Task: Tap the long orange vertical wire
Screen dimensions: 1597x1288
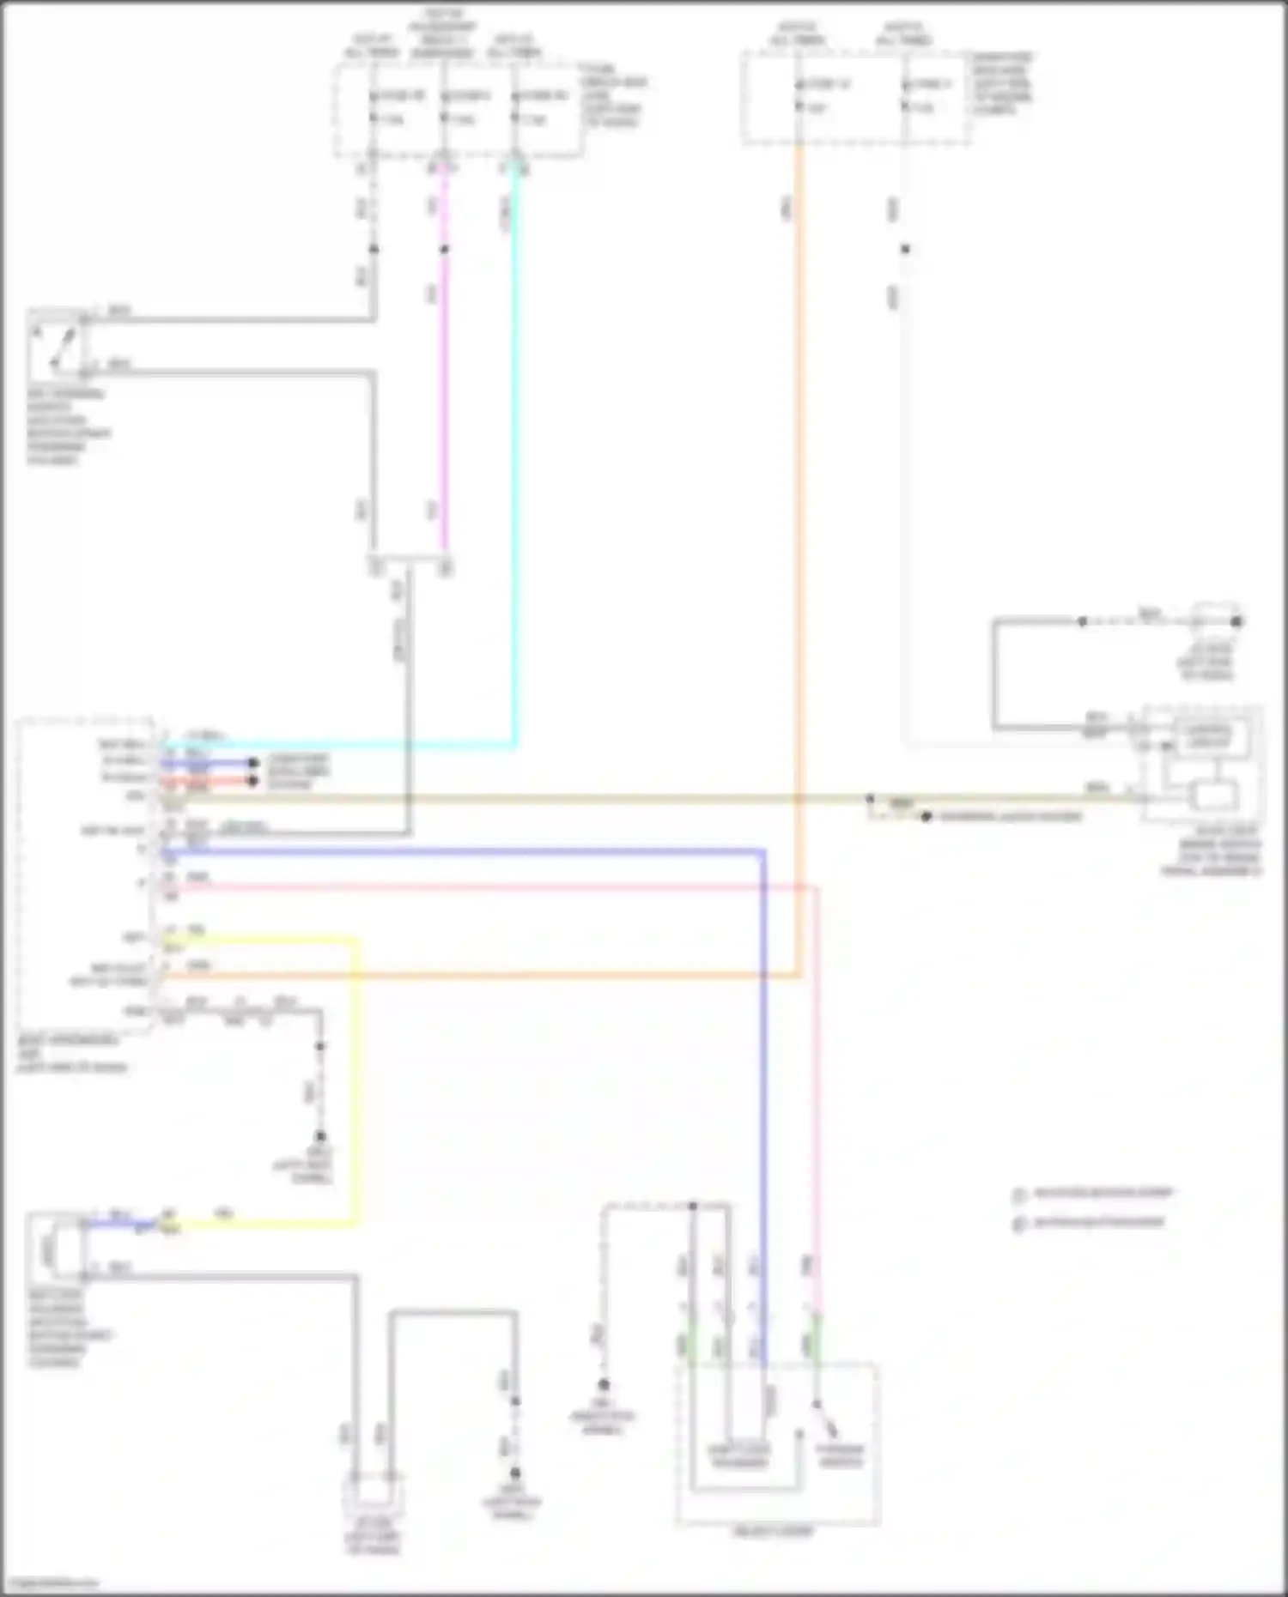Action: [799, 515]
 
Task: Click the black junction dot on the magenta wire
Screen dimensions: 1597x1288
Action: [444, 250]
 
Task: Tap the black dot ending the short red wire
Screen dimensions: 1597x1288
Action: [252, 781]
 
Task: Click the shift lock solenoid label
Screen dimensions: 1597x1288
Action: [739, 1455]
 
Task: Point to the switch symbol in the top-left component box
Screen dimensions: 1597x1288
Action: [56, 348]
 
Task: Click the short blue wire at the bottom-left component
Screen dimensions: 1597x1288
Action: [120, 1224]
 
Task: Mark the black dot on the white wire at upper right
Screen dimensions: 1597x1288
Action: [905, 250]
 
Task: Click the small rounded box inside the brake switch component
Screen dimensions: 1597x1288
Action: [1211, 795]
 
